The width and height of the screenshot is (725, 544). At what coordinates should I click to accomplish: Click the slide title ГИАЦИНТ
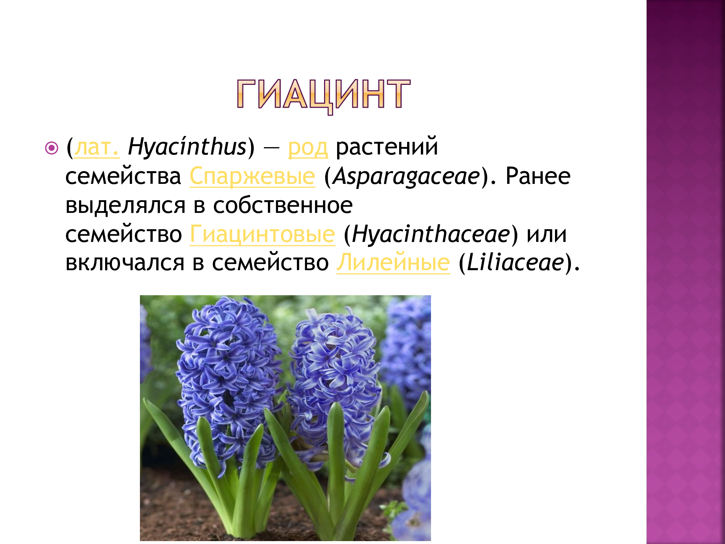tap(323, 95)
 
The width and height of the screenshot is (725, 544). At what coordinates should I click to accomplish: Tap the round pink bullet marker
tap(52, 148)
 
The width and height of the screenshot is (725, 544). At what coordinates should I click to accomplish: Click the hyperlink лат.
tap(96, 148)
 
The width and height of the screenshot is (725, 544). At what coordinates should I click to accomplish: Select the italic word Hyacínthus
tap(187, 148)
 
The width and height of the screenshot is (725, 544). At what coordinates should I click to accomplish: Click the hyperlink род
tap(308, 148)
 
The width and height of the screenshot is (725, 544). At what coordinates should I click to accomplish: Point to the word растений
tap(387, 148)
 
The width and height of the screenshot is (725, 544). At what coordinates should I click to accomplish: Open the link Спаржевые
tap(252, 177)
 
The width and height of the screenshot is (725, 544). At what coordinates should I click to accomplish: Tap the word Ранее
tap(538, 177)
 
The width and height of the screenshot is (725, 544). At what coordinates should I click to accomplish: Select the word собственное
tap(283, 206)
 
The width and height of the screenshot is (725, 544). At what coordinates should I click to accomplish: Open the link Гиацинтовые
tap(262, 235)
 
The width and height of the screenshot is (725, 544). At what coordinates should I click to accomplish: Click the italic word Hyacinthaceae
tap(431, 235)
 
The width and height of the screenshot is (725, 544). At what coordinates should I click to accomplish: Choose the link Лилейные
tap(393, 263)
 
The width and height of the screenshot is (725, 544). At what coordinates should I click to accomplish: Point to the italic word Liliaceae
tap(515, 263)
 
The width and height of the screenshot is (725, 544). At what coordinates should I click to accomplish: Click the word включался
tap(125, 263)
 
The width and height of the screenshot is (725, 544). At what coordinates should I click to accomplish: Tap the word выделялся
tap(125, 206)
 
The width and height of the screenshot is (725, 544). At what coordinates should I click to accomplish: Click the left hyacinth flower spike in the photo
tap(227, 374)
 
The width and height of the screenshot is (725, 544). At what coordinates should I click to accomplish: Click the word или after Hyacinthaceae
tap(547, 235)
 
